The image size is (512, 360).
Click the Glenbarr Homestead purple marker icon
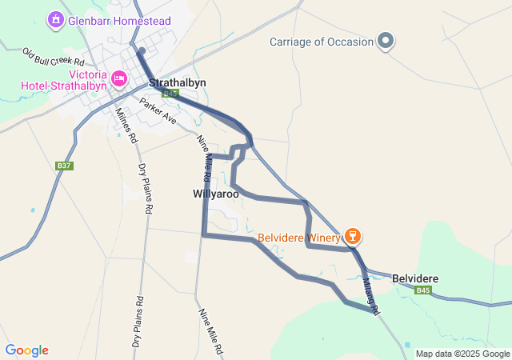coord(56,18)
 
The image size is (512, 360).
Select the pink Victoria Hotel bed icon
coord(119,78)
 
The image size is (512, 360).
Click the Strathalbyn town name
coord(178,82)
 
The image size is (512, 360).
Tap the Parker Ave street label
coord(158,110)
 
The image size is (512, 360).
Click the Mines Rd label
coord(126,126)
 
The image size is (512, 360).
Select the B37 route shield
coord(65,166)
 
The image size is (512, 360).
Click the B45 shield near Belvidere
coord(423,290)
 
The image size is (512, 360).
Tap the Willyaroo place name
coord(216,194)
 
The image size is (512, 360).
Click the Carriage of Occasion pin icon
coord(386,40)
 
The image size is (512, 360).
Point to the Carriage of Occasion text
coord(321,42)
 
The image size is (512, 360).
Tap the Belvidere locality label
coord(415,278)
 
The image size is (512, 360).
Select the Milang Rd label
coord(370,294)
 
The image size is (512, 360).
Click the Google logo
coord(26,350)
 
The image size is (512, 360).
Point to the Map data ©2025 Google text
coord(462,354)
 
